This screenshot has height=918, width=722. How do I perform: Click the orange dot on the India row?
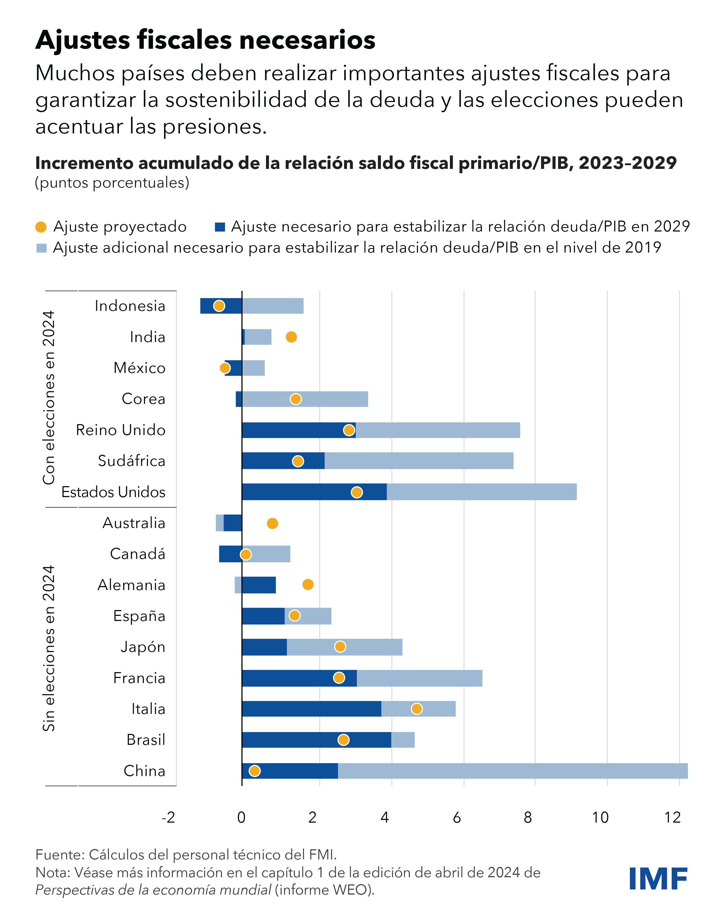pos(291,337)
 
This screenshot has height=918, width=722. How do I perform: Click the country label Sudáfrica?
pos(131,461)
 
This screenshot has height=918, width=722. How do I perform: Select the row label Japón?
pos(143,647)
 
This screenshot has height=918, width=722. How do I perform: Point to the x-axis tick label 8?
pos(528,818)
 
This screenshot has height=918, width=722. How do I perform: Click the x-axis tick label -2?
pos(168,818)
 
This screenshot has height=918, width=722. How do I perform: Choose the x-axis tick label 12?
pos(672,818)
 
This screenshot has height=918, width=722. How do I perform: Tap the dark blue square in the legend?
pos(220,227)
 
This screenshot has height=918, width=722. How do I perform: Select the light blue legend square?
pos(41,248)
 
